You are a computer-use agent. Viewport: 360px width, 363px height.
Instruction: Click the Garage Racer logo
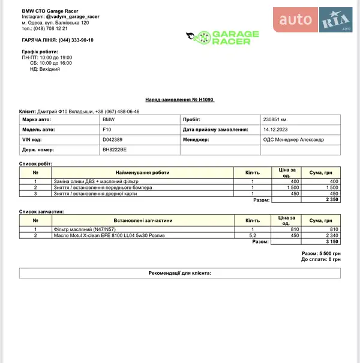tap(223, 38)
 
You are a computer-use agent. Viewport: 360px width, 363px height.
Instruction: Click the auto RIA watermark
tap(315, 22)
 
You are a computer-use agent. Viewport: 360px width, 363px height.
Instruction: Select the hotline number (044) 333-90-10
tap(76, 40)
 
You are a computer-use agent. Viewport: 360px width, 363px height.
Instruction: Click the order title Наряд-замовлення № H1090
tap(179, 100)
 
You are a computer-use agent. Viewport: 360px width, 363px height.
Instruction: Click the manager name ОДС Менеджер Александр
tap(293, 139)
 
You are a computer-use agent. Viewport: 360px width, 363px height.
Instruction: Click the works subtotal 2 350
tap(332, 200)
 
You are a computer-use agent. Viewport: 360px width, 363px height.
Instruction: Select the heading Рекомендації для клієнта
tap(179, 273)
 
